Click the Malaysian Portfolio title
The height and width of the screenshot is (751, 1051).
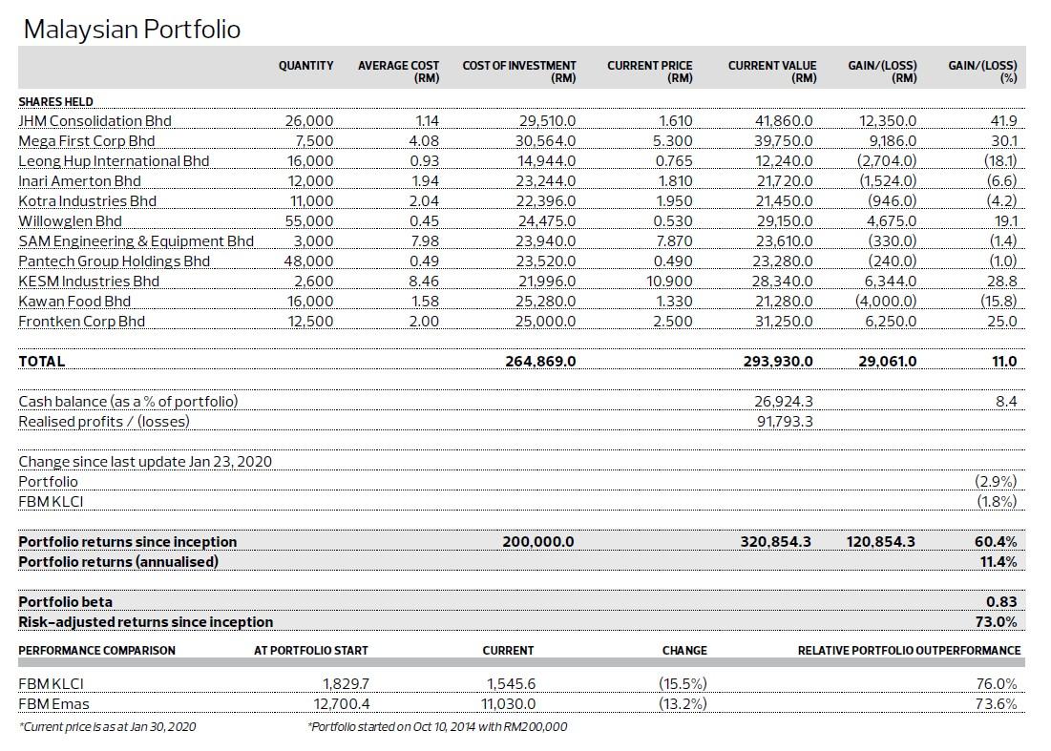[132, 30]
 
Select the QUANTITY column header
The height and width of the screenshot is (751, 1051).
[305, 66]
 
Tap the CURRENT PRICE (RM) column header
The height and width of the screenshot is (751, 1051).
[649, 72]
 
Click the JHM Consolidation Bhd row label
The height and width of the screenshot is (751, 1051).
[95, 121]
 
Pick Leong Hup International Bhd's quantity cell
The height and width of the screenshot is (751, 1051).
[310, 161]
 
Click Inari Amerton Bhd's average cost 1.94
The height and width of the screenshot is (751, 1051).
[424, 181]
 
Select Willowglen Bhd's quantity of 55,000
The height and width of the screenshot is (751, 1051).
[310, 221]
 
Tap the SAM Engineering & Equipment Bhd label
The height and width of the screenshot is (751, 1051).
[136, 241]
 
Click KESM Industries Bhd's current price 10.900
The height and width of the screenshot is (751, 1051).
[668, 282]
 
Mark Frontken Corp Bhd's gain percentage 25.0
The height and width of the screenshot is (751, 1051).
[1001, 322]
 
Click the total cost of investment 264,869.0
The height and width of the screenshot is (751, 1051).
[540, 362]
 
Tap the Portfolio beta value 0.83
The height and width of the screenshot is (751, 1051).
[1001, 602]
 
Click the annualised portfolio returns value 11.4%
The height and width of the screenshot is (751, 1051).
[998, 562]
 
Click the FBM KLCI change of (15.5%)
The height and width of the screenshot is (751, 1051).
[683, 684]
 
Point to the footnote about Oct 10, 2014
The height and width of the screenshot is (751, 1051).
[437, 727]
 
